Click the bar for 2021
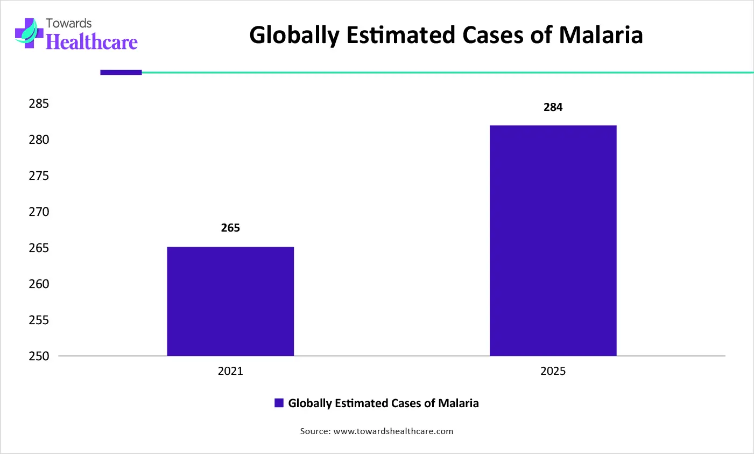coord(230,302)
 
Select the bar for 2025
coord(553,241)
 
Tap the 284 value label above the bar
coord(553,107)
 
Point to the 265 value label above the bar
coord(230,228)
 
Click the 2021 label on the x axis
coord(230,371)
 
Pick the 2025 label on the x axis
coord(553,371)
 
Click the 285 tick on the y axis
coord(39,103)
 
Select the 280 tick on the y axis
coord(39,139)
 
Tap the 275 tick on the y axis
coord(39,176)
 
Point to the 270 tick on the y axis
coord(39,212)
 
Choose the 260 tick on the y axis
coord(39,284)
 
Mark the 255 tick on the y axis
coord(39,320)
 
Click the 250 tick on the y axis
coord(39,356)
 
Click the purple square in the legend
coord(279,403)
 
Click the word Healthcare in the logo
coord(92,42)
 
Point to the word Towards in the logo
coord(69,23)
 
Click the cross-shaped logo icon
coord(29,33)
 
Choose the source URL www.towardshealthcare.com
coord(393,431)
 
